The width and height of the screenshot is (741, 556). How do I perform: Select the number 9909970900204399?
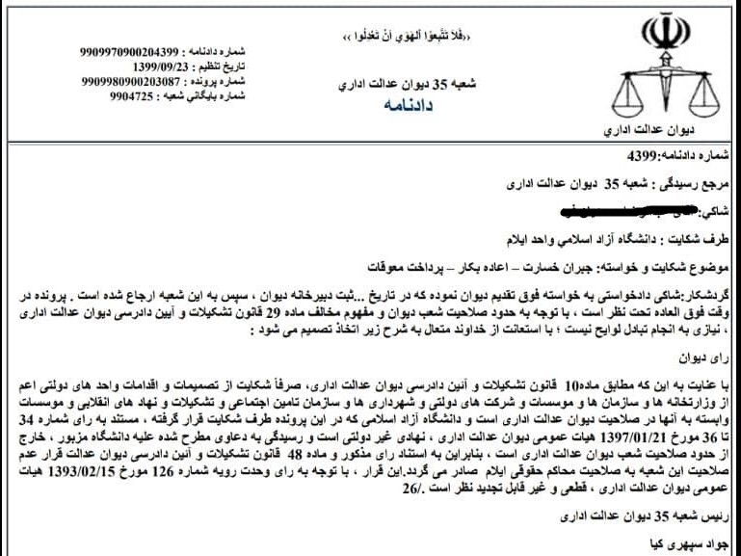[130, 51]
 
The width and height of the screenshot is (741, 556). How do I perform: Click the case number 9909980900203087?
[129, 82]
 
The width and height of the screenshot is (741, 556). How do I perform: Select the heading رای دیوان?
[713, 358]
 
